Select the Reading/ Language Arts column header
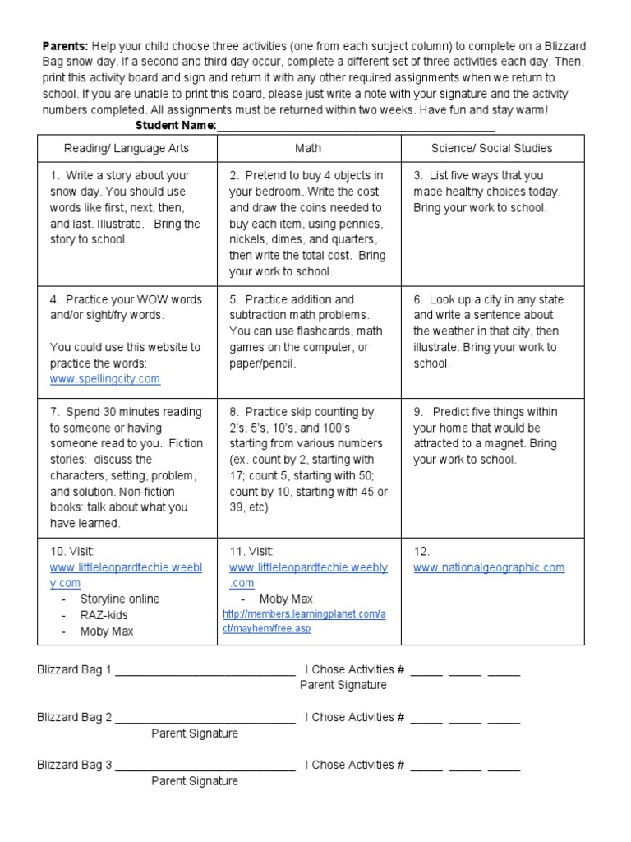point(127,148)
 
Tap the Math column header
point(308,148)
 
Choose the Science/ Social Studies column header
point(491,148)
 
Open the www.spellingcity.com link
point(104,379)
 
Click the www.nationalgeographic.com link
point(489,567)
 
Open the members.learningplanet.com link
point(304,622)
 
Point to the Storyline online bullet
point(120,599)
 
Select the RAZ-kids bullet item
point(104,615)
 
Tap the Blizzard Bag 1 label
point(74,670)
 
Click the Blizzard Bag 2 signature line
point(205,718)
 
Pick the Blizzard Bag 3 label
point(74,765)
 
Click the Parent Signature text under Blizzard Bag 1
point(343,685)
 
